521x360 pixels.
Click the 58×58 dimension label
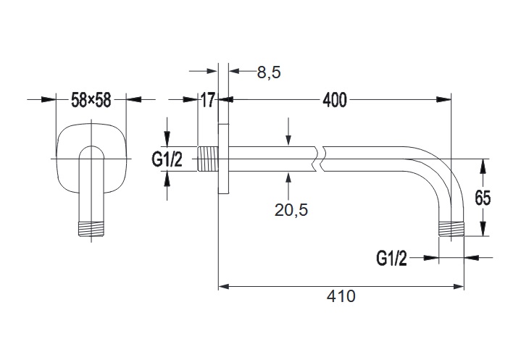[x=91, y=101]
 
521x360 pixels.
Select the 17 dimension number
[x=208, y=101]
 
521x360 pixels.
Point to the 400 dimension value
[x=334, y=101]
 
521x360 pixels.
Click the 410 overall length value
[x=341, y=296]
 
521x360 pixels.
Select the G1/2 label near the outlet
[x=392, y=257]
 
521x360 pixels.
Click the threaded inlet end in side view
[x=207, y=159]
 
